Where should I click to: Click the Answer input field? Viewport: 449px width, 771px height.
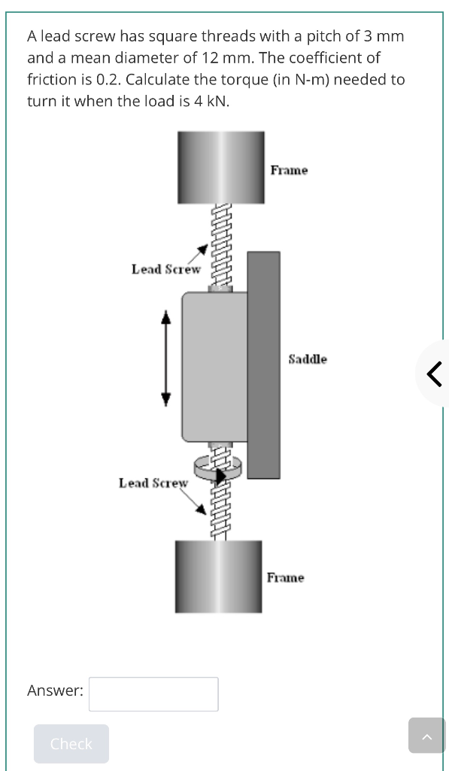[153, 693]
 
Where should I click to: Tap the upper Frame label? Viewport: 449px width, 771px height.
[289, 170]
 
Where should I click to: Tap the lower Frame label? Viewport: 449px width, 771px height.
[286, 577]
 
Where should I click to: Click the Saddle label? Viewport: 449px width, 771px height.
[308, 359]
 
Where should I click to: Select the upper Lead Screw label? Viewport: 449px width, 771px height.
[166, 269]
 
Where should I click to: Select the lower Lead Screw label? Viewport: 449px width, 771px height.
[153, 483]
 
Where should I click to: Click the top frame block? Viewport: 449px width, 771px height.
[221, 167]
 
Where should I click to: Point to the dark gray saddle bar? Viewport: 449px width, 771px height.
[263, 365]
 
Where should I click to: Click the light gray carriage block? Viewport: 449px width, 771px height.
[214, 366]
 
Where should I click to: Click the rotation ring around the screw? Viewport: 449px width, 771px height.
[218, 466]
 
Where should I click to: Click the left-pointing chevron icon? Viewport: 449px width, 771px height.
[434, 373]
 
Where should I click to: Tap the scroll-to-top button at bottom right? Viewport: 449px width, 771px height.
[426, 735]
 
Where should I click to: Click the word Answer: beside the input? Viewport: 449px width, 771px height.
[55, 690]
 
